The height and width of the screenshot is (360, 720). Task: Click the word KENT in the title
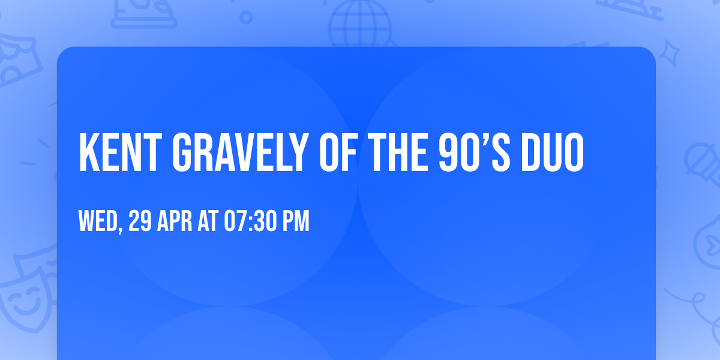click(121, 152)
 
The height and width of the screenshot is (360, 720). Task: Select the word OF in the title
click(338, 152)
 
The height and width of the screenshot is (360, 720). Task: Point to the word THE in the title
click(398, 152)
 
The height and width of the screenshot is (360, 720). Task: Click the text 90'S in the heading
click(475, 152)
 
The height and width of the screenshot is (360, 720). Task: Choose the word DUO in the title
click(552, 152)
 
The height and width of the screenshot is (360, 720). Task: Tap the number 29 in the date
click(140, 221)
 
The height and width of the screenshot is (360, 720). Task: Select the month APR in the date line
click(175, 221)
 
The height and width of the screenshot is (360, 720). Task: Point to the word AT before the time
click(208, 221)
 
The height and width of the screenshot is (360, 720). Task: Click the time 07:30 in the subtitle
click(250, 221)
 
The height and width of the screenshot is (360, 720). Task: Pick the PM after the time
click(296, 221)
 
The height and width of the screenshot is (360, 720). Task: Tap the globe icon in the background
click(360, 24)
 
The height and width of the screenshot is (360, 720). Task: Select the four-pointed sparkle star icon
click(669, 53)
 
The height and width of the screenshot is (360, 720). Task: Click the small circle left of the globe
click(246, 17)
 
